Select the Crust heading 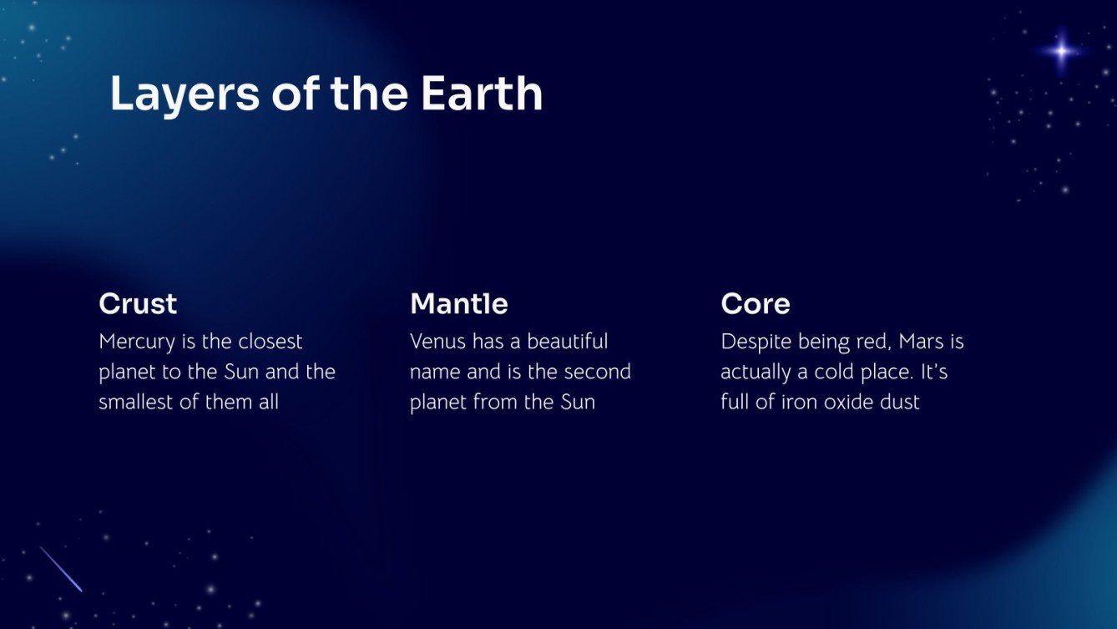point(138,303)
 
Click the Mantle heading point(459,303)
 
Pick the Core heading point(756,303)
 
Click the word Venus point(437,342)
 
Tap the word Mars point(921,342)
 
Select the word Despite point(755,342)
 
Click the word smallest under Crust point(134,402)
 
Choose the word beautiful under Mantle point(568,342)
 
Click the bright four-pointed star point(1062,52)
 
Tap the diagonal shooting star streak point(61,569)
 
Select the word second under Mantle point(594,372)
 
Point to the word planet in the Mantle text point(438,403)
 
